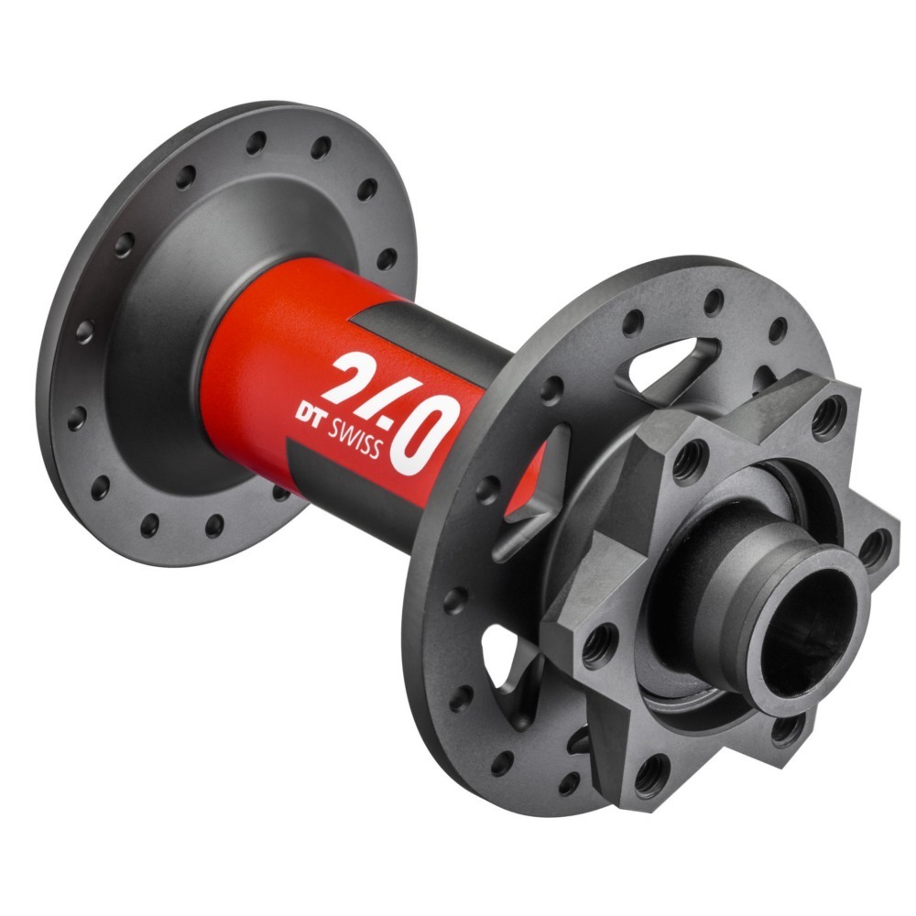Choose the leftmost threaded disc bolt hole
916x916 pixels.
pos(597,640)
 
